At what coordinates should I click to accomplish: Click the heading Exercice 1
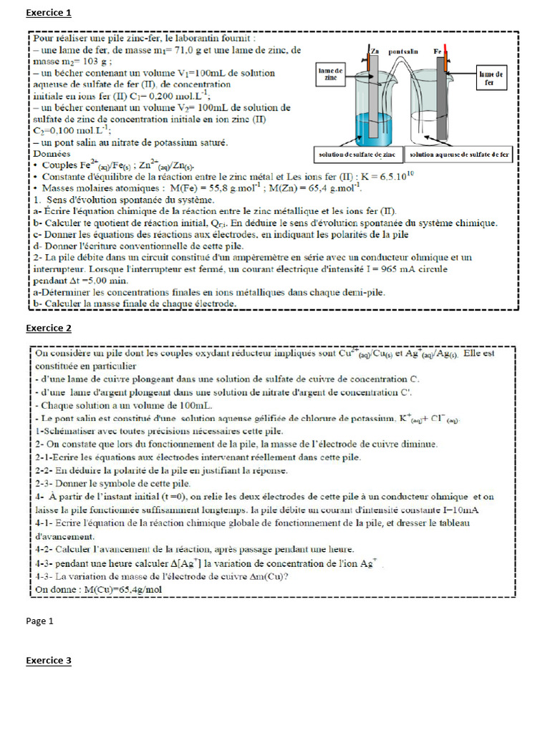tap(49, 12)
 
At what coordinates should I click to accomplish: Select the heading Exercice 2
tap(49, 329)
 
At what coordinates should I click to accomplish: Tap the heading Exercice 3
tap(49, 661)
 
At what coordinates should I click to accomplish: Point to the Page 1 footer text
tap(40, 621)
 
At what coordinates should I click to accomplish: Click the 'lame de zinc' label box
tap(331, 74)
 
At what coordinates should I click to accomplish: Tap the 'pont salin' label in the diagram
tap(404, 52)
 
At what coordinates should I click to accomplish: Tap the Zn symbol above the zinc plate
tap(375, 52)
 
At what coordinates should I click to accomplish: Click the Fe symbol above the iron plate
tap(438, 52)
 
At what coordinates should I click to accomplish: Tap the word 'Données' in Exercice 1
tap(52, 153)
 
